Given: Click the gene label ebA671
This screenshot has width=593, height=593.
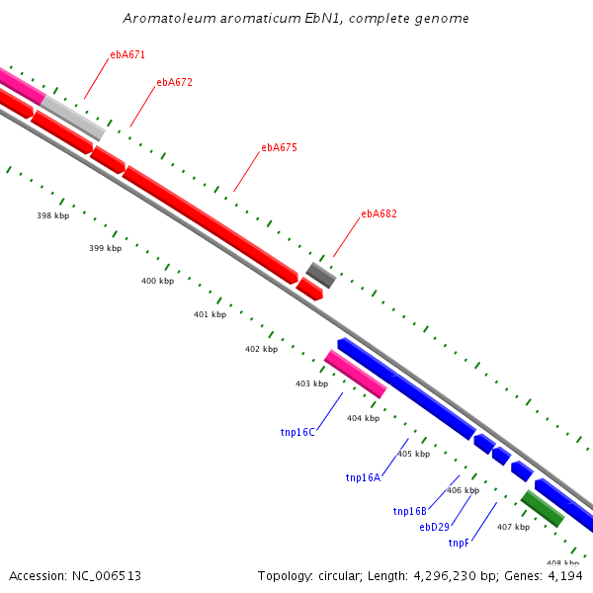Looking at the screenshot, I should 127,55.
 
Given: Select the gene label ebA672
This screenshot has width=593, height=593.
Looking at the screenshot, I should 174,82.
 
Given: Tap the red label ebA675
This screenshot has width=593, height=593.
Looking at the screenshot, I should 279,147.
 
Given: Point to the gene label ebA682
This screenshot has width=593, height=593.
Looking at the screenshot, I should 379,213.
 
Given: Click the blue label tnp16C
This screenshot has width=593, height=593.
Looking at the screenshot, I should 297,432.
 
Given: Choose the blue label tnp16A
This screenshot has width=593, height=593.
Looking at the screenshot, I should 363,477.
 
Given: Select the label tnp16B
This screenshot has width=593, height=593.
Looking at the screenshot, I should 409,511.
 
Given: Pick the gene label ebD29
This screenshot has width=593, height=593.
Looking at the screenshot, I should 434,527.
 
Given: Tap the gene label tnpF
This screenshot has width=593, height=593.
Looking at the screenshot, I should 459,543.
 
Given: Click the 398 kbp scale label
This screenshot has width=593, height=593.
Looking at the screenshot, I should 52,215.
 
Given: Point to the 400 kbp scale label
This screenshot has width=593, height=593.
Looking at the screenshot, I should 157,281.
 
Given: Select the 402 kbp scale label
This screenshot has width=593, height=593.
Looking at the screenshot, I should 261,349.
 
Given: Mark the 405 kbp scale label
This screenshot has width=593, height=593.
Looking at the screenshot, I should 413,454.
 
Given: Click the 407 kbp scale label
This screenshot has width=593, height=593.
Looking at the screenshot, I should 513,527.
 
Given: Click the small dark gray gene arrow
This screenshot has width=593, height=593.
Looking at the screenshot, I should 320,274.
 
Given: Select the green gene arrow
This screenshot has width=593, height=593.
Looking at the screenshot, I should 543,508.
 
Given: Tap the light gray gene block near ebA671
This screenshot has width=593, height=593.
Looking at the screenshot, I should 73,118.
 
